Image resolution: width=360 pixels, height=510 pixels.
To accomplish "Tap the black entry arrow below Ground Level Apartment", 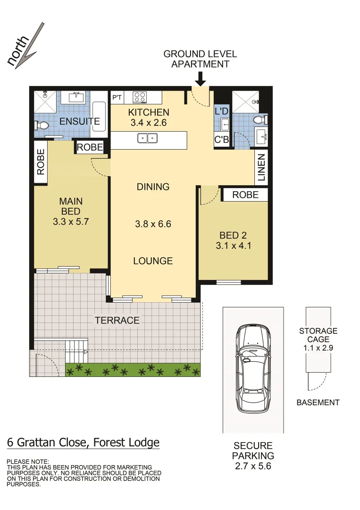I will pyautogui.click(x=201, y=79).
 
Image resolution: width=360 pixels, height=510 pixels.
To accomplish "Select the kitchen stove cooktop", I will pyautogui.click(x=140, y=97).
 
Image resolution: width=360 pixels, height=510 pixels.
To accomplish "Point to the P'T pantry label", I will pyautogui.click(x=117, y=98).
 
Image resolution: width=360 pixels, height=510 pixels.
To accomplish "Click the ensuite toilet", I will pyautogui.click(x=42, y=126).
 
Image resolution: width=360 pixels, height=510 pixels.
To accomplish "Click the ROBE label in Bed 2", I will pyautogui.click(x=245, y=195).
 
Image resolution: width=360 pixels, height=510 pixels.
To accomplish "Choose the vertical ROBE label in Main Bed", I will pyautogui.click(x=41, y=162).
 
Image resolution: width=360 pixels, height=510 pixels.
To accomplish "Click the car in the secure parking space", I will pyautogui.click(x=253, y=367).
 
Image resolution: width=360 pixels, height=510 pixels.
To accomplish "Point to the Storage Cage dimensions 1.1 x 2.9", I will pyautogui.click(x=318, y=348).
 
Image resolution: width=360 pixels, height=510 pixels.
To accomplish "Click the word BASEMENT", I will pyautogui.click(x=318, y=403).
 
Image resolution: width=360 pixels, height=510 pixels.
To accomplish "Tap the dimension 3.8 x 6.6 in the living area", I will pyautogui.click(x=153, y=224).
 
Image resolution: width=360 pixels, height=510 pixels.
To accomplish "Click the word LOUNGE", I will pyautogui.click(x=153, y=261).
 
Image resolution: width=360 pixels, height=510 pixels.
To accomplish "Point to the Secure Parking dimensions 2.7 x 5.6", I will pyautogui.click(x=253, y=467).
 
